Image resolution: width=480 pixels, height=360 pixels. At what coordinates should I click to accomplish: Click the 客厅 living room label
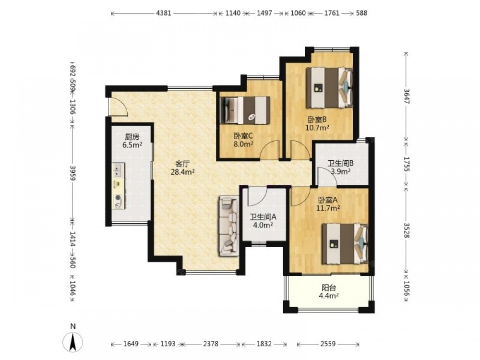(x=183, y=164)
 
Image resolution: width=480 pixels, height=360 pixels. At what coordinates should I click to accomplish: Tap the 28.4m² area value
(x=183, y=172)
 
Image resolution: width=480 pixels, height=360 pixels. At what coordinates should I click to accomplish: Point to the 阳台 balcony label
(x=329, y=288)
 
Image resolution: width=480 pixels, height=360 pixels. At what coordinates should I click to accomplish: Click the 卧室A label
(x=328, y=200)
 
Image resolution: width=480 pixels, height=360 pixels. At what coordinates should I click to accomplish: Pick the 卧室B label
(x=317, y=120)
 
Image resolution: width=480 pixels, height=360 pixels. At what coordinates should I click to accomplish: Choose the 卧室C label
(x=243, y=136)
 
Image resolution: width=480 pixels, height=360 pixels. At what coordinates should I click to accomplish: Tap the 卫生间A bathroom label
(x=263, y=217)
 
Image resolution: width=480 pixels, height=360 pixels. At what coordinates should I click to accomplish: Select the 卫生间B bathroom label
(x=341, y=164)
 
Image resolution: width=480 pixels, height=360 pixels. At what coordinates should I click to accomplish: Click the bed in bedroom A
(x=345, y=244)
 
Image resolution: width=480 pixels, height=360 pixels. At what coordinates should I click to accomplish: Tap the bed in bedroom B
(x=330, y=87)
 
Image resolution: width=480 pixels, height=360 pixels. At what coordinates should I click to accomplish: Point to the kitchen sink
(x=118, y=170)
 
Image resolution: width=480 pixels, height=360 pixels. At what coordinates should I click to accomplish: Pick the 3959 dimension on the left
(x=72, y=173)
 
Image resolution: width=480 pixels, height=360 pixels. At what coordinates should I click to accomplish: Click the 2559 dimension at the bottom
(x=328, y=344)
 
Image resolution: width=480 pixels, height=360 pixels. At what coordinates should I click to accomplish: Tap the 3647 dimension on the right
(x=406, y=96)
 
